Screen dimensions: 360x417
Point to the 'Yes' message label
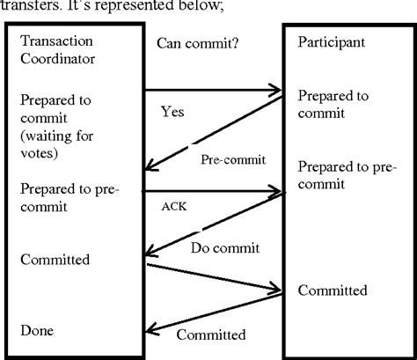click(172, 112)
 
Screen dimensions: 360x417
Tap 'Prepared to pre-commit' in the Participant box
click(343, 174)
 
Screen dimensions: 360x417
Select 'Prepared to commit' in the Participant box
click(332, 104)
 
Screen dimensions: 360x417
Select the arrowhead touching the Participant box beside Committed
click(276, 290)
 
